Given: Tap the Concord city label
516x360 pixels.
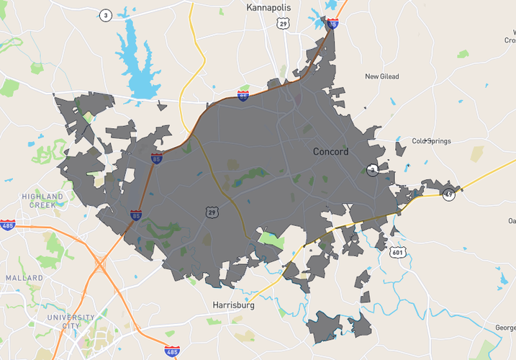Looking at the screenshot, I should point(331,152).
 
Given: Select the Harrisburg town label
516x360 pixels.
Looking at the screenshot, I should point(235,305).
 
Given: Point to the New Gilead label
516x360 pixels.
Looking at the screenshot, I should point(381,76).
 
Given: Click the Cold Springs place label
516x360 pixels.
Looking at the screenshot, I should point(431,141).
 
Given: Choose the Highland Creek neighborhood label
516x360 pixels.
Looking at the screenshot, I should point(42,200).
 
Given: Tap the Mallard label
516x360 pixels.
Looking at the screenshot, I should point(24,277).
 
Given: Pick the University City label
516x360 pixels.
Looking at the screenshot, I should point(71,321).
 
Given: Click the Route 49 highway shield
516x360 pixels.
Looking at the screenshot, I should point(449,194).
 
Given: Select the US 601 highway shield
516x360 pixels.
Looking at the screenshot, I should point(398,252).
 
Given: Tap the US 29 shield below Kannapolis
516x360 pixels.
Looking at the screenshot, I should point(284,24).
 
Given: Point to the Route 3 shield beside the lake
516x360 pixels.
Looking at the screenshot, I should point(106,16).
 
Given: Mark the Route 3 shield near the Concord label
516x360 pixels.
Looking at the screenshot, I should point(372,170).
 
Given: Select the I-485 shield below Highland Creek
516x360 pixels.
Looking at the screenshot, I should point(8,225).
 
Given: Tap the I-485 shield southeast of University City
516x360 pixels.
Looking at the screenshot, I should point(171,351).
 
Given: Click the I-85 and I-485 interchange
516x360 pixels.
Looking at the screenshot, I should point(101,265).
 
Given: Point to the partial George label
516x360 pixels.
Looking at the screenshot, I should point(505,328).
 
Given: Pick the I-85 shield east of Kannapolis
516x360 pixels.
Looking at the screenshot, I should point(332,24).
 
